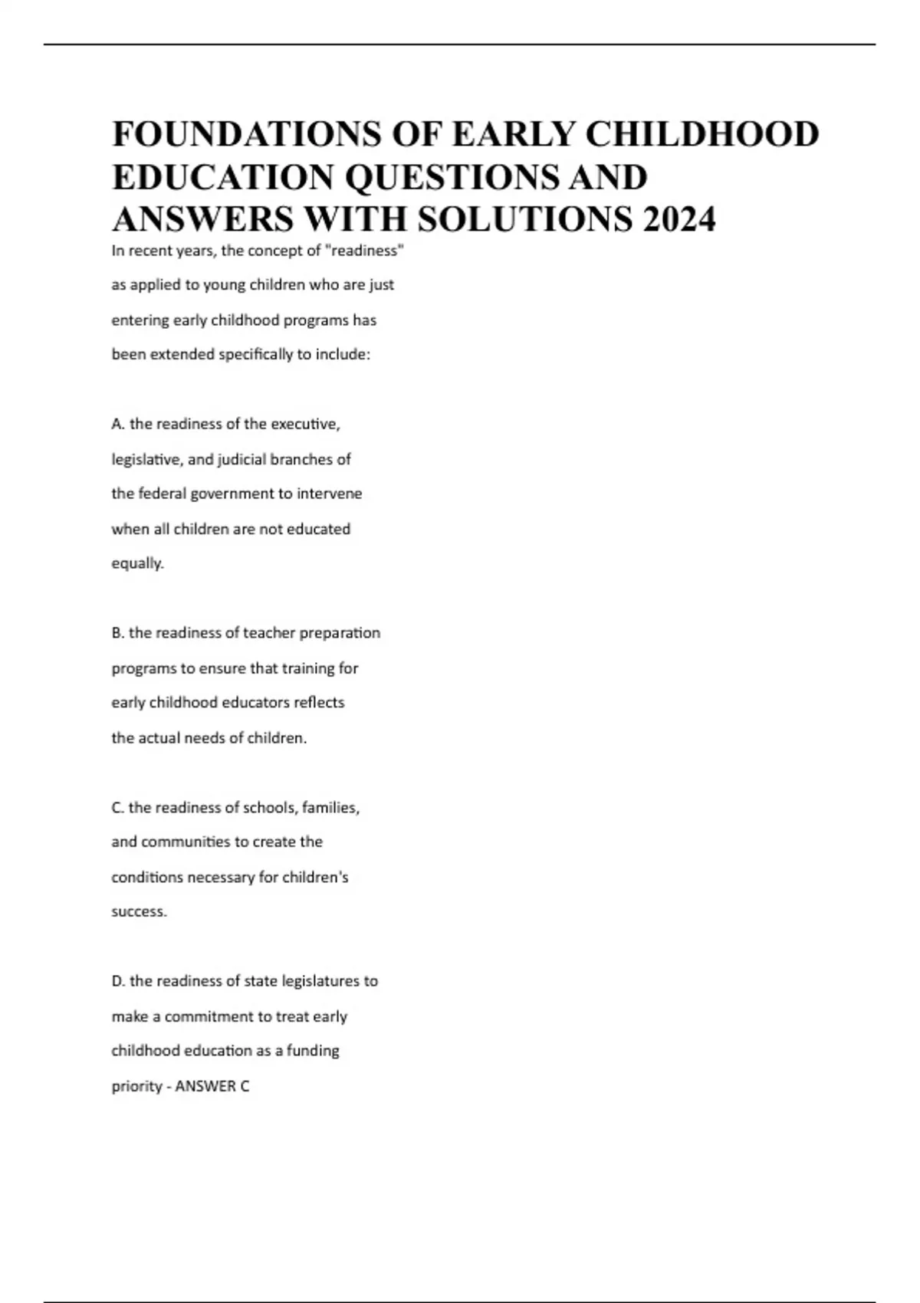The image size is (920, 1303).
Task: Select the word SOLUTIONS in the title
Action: click(x=525, y=219)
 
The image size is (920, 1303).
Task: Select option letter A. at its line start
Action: click(x=118, y=424)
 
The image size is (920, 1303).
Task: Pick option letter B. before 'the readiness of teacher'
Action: click(x=118, y=633)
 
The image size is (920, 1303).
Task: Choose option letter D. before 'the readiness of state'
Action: click(x=119, y=981)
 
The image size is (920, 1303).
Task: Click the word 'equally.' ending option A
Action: click(x=138, y=563)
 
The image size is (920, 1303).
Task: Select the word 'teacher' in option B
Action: click(x=268, y=633)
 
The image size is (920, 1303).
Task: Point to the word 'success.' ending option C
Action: click(x=139, y=912)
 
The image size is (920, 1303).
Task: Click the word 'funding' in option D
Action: click(x=313, y=1051)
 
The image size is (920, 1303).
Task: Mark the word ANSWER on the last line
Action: click(x=205, y=1086)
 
